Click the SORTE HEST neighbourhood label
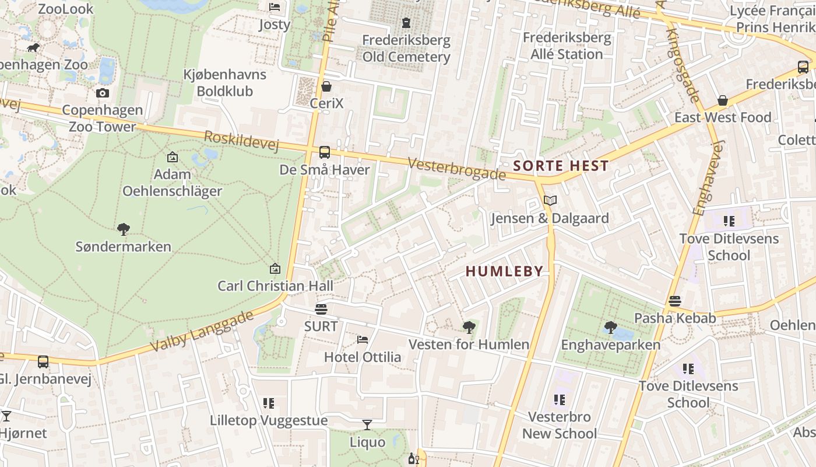561,166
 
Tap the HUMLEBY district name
505,271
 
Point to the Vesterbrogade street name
456,169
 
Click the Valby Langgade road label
202,331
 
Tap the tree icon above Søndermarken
123,229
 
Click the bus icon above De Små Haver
325,152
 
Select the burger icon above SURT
321,308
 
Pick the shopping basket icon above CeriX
326,86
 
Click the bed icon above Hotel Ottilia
363,339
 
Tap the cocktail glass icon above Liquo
367,424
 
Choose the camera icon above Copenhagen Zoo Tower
103,93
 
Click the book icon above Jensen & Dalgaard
550,201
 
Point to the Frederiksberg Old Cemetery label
406,48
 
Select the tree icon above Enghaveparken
610,327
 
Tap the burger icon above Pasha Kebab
675,301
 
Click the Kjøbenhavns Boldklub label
224,83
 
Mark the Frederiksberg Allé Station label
567,46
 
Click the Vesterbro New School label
560,425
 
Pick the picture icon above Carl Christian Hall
275,269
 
